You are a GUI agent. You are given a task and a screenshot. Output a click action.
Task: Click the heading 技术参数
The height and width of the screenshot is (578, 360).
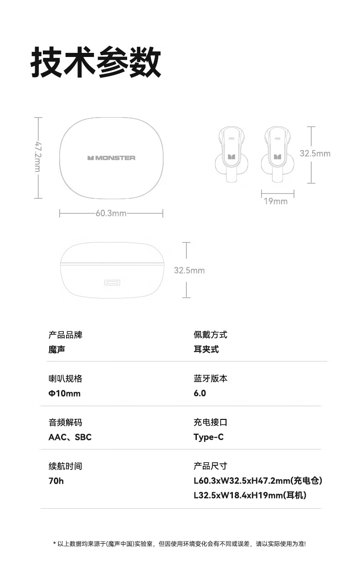coord(96,62)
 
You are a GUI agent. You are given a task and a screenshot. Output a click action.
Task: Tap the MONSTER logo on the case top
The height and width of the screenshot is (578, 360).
coord(112,158)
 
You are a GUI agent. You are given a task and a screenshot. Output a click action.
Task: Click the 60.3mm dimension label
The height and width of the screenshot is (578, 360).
coord(111,213)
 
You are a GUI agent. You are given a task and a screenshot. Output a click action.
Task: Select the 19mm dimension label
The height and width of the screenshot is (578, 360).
coord(276,201)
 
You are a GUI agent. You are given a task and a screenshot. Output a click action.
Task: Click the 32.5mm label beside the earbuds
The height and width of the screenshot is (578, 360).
coord(315,154)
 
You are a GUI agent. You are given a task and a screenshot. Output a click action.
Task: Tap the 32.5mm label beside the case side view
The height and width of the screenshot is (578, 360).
coord(189,270)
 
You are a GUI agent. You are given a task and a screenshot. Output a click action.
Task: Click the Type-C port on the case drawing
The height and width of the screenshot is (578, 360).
coord(112,283)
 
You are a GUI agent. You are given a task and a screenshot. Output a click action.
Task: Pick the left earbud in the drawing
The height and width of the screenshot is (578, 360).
coord(231,155)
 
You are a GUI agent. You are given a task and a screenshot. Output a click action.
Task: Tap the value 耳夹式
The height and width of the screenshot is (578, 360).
coord(206,350)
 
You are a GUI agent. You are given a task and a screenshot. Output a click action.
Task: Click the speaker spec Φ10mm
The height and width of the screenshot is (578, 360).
coord(64,393)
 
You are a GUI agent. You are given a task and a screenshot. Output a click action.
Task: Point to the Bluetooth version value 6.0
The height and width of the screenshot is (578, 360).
coord(200,393)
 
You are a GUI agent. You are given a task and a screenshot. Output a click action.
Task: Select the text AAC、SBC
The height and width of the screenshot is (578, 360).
coord(70,437)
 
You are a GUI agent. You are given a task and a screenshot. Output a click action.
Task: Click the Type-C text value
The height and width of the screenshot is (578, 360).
coord(208,437)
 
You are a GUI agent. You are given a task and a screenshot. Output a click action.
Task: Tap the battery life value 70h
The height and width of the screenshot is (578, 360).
coord(56,481)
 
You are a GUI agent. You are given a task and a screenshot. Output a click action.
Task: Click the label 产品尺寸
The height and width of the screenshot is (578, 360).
coord(210,466)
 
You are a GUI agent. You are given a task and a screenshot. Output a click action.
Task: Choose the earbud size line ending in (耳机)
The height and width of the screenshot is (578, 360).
coord(250,495)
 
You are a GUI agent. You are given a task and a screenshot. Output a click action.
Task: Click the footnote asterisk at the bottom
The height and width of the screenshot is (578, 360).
coord(55,544)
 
